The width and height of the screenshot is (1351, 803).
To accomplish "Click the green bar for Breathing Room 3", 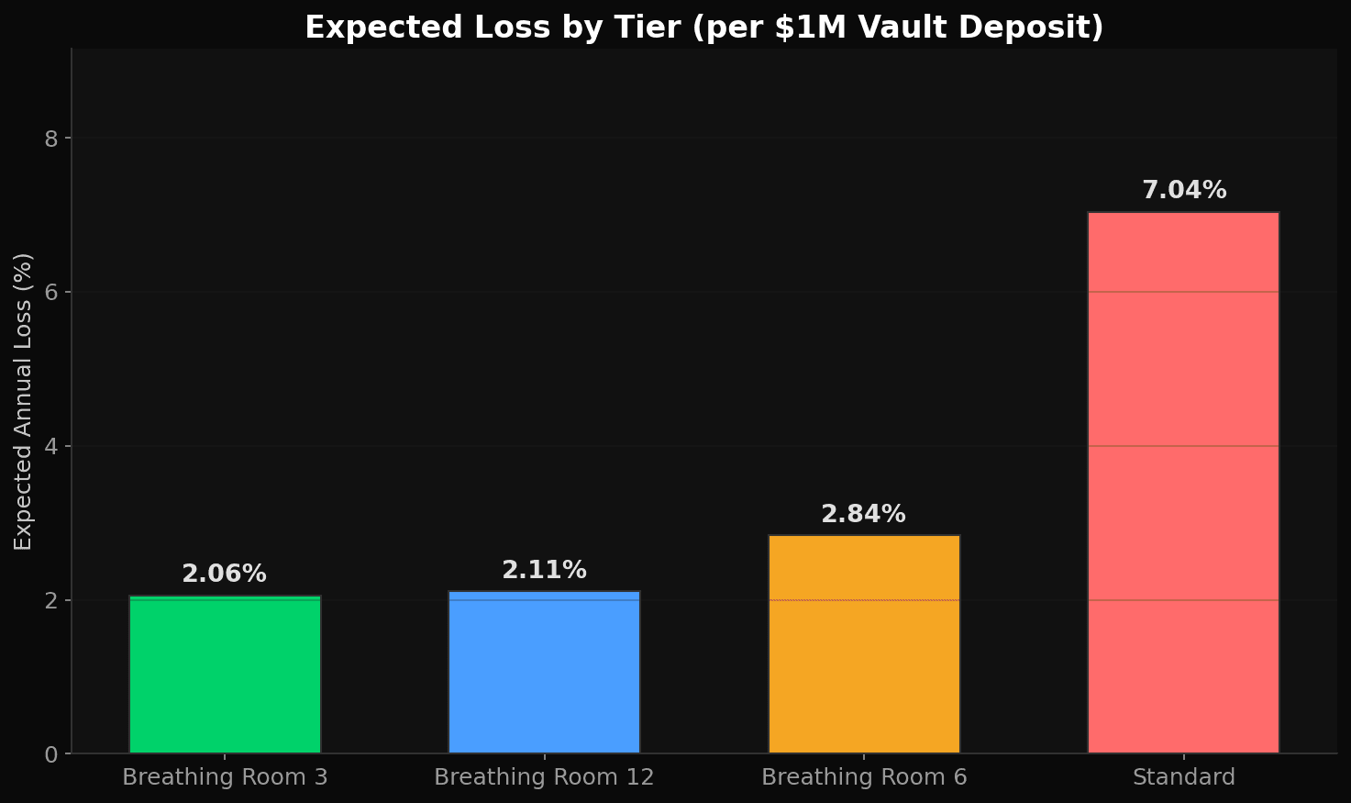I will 225,675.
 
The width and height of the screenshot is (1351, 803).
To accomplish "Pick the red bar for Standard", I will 1183,483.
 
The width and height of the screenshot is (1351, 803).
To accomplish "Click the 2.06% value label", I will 225,574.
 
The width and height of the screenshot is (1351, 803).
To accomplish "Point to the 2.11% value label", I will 544,571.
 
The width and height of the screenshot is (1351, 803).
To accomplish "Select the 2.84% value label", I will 863,515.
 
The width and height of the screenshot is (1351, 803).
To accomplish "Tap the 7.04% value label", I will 1184,191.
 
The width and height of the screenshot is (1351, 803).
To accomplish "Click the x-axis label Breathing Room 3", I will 225,778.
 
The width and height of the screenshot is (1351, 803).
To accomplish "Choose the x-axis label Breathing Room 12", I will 544,778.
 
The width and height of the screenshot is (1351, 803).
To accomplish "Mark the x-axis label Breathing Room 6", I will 864,778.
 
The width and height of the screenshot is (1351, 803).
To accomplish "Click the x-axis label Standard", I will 1183,778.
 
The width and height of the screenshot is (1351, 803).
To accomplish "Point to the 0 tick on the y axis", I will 51,754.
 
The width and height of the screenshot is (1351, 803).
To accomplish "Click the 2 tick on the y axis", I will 51,600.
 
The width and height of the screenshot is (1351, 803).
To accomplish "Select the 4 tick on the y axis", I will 51,446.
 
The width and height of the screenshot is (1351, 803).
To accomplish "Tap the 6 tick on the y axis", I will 51,292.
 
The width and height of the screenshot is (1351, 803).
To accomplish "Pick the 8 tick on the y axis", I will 51,139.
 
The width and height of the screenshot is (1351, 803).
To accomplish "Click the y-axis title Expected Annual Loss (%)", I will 24,401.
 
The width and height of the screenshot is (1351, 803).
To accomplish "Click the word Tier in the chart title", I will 652,28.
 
